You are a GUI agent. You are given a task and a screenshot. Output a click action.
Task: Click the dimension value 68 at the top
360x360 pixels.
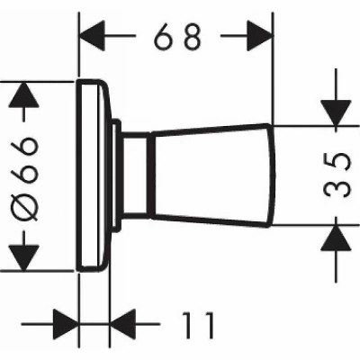click(177, 36)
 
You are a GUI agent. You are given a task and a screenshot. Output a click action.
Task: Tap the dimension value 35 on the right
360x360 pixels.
click(337, 175)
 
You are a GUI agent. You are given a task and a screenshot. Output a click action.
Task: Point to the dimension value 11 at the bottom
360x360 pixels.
click(199, 325)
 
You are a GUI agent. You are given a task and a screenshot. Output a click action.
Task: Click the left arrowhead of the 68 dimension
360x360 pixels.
click(93, 36)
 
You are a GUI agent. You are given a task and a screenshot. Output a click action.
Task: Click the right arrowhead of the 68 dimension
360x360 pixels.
click(260, 36)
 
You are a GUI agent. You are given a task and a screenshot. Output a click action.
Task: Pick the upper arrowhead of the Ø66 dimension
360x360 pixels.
click(24, 94)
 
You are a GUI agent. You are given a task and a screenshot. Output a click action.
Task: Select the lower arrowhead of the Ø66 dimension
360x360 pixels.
click(24, 257)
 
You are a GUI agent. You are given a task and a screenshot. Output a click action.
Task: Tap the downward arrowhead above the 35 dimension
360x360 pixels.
click(336, 113)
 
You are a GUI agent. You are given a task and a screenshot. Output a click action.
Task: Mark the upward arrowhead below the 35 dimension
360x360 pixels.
click(336, 238)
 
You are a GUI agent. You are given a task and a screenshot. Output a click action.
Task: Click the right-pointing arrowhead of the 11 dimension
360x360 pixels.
click(66, 324)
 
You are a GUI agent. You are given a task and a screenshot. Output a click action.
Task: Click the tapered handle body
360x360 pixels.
click(212, 175)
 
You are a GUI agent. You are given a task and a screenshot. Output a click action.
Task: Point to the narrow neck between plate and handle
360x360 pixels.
click(135, 175)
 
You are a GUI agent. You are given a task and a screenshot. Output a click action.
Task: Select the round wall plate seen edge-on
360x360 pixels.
click(93, 175)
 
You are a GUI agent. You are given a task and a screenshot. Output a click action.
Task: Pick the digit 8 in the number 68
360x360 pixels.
click(193, 36)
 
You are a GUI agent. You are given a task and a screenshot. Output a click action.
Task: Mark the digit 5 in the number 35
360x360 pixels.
click(337, 162)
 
